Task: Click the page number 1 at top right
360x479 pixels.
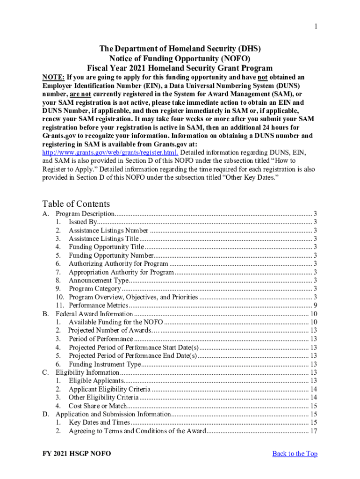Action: (316, 26)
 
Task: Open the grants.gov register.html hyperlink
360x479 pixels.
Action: (110, 153)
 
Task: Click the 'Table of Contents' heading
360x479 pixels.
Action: (76, 203)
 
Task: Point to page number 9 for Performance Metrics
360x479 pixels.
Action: (316, 305)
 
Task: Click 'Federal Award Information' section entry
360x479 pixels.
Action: (94, 314)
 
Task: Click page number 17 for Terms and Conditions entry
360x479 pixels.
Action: (314, 431)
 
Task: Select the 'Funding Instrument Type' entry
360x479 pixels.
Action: (104, 364)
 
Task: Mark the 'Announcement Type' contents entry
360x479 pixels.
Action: (98, 280)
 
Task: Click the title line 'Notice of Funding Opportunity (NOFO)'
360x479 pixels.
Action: (180, 58)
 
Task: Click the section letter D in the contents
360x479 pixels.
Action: (45, 414)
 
